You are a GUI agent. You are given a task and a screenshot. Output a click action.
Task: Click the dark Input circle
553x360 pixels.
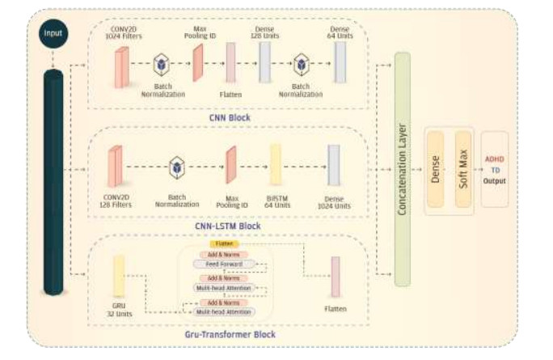click(53, 35)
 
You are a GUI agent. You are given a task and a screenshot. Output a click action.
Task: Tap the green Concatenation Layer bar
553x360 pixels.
click(402, 170)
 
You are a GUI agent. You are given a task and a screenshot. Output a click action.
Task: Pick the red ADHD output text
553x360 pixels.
click(494, 159)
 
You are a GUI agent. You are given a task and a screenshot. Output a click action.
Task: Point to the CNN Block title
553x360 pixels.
click(228, 118)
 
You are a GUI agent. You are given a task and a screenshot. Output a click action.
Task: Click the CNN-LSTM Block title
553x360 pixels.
click(228, 226)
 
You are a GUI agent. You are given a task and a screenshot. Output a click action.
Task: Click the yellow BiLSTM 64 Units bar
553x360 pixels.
click(276, 165)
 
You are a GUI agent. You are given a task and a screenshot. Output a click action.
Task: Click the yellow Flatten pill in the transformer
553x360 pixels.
click(224, 243)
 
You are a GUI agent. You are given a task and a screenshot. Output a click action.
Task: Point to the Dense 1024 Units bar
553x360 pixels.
click(333, 165)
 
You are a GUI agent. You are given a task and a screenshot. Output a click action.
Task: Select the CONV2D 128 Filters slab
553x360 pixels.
click(116, 167)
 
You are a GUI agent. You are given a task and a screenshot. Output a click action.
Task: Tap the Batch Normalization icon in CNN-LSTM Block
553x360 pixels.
click(176, 167)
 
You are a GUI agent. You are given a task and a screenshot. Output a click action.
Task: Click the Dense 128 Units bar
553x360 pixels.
click(264, 63)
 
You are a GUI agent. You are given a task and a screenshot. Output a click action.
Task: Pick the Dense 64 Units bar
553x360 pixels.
click(340, 62)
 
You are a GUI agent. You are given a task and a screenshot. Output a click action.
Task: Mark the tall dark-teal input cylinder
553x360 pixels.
click(53, 182)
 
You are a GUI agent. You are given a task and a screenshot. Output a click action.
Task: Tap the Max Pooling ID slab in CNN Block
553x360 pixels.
click(197, 63)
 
